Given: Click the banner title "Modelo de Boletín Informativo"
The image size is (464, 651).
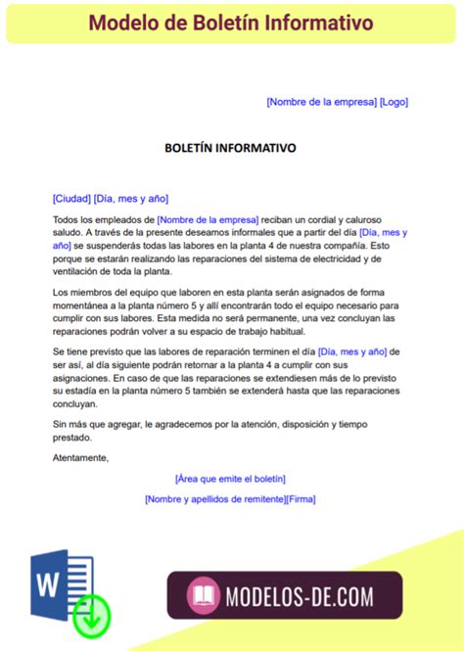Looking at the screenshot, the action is tap(231, 21).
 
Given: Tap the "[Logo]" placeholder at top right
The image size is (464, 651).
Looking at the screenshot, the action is tap(394, 102).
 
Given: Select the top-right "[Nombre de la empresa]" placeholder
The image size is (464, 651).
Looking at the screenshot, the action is tap(321, 102).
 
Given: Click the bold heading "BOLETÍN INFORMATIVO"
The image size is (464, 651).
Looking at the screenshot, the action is tap(230, 148).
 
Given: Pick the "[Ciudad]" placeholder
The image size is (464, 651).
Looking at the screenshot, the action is tap(71, 197).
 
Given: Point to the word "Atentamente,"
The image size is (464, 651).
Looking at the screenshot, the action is tap(80, 457).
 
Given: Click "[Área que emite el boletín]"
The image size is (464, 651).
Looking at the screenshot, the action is tap(230, 479).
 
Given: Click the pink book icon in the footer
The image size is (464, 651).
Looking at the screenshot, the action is tap(204, 594).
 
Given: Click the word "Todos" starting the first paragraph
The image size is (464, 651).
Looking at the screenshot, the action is tap(65, 220).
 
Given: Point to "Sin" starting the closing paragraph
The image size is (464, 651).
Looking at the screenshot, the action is tap(60, 424).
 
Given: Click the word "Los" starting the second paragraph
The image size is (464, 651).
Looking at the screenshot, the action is tap(60, 293).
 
